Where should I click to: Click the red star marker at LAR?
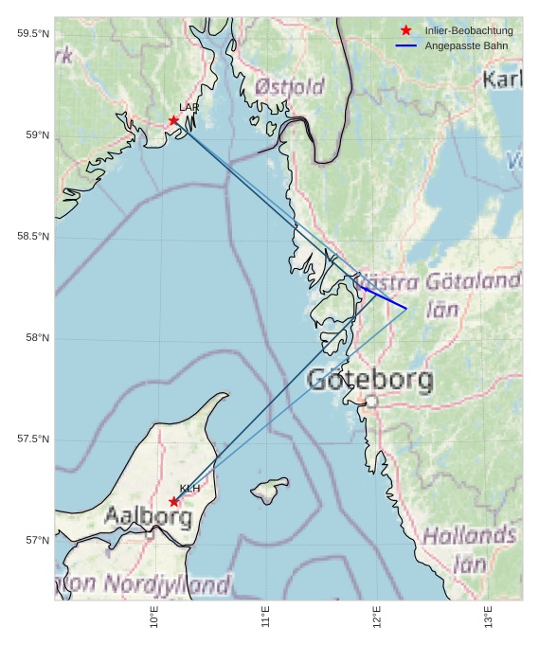tap(173, 120)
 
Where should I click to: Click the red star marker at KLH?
tap(173, 501)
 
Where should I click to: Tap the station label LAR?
tap(189, 107)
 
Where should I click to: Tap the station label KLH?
tap(189, 488)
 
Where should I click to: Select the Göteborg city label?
tap(370, 381)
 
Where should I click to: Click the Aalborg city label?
tap(148, 517)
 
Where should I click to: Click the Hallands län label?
tap(469, 549)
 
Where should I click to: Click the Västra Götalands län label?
tap(439, 294)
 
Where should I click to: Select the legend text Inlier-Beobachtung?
tap(468, 31)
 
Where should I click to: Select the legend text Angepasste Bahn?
tap(462, 45)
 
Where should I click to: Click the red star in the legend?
tap(406, 31)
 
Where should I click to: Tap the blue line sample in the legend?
tap(406, 45)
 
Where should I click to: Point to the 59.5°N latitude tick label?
tap(32, 34)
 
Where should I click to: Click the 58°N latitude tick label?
tap(36, 338)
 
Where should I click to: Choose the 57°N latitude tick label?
tap(36, 541)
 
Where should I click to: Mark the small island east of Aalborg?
tap(270, 490)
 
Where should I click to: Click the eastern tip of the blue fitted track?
tap(406, 308)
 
